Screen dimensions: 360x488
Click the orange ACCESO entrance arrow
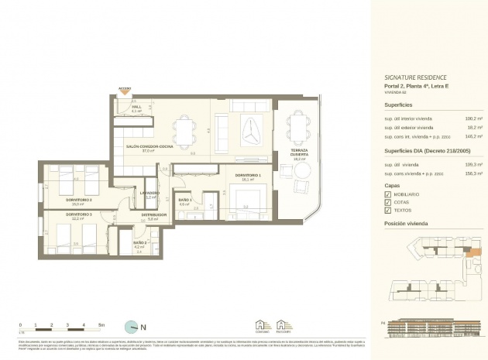(x=124, y=93)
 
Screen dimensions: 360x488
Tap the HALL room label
(x=136, y=108)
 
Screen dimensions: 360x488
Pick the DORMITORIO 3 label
(x=79, y=214)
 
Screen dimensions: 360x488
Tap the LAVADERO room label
(x=150, y=194)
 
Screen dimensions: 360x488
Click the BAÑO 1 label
(x=184, y=200)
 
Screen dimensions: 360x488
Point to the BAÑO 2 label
(x=139, y=243)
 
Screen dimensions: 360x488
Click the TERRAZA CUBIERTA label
(x=298, y=153)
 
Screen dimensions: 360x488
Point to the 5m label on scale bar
(x=101, y=324)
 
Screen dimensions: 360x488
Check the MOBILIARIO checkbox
(x=388, y=194)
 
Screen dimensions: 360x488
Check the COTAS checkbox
(x=388, y=202)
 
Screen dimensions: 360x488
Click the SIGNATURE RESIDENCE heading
(x=417, y=78)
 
